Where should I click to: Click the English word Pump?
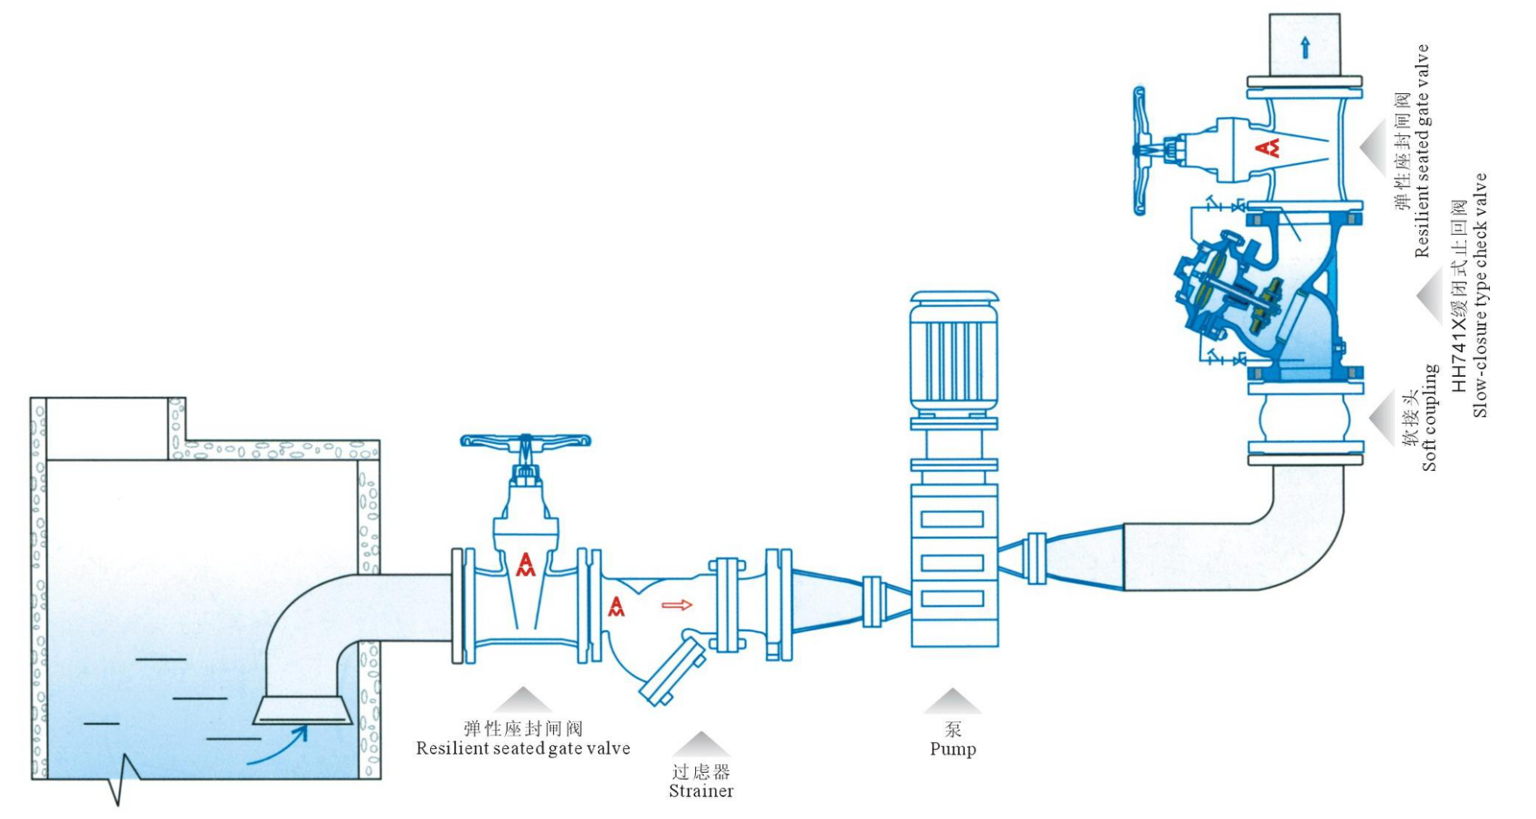tap(952, 749)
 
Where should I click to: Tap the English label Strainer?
tap(700, 791)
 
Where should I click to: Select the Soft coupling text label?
tap(1429, 419)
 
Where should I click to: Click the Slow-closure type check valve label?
tap(1479, 297)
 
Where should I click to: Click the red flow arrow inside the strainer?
tap(677, 604)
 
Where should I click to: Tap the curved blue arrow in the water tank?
tap(279, 747)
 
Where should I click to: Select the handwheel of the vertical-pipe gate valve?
tap(1139, 150)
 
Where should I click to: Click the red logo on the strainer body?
tap(617, 606)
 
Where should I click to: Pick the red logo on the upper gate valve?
tap(1267, 147)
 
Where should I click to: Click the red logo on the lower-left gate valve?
tap(525, 564)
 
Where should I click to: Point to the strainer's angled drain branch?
tap(672, 672)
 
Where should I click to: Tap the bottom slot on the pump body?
tap(952, 599)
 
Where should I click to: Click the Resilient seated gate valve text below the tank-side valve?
tap(522, 748)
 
